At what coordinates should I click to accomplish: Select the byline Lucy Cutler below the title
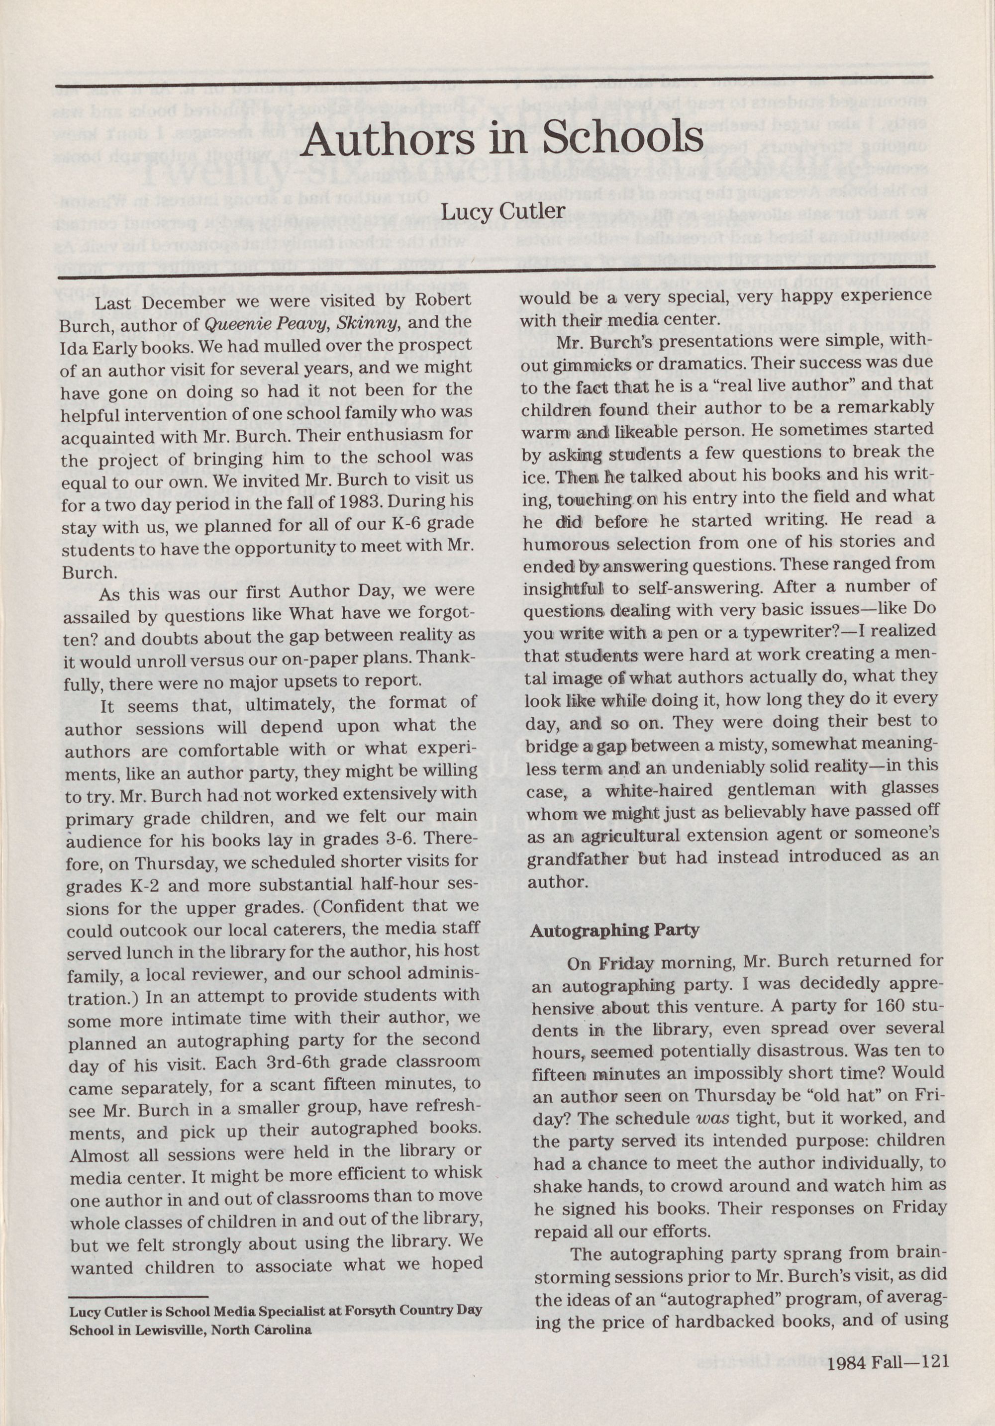coord(503,212)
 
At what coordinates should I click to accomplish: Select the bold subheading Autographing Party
coord(614,930)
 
